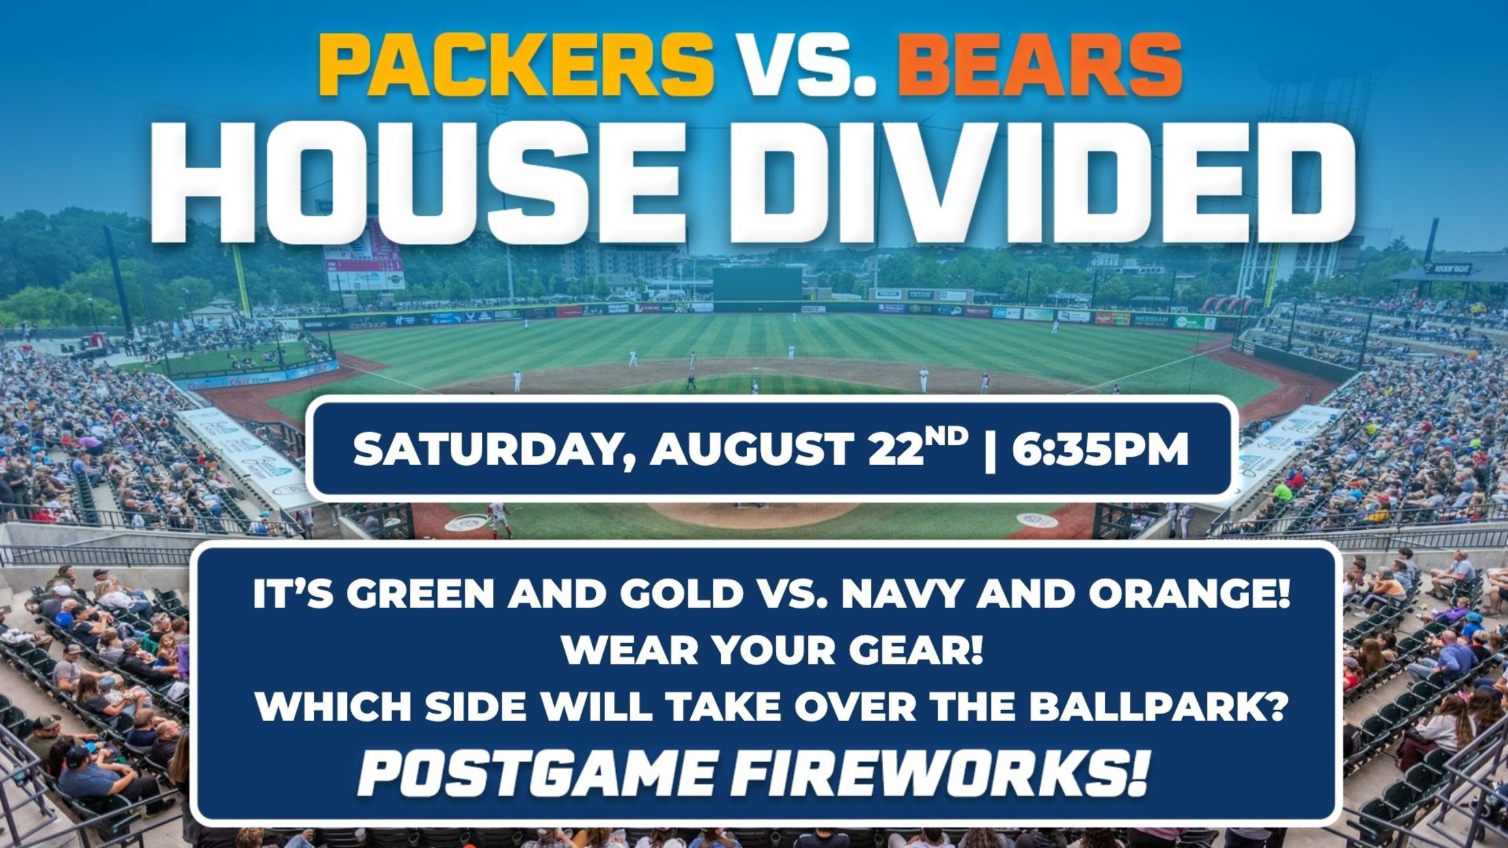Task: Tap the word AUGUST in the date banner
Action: pos(752,449)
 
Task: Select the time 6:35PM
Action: pos(1100,449)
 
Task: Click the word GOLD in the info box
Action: pos(675,594)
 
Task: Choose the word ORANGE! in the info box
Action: pos(1188,594)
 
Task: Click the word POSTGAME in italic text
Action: pos(531,774)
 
